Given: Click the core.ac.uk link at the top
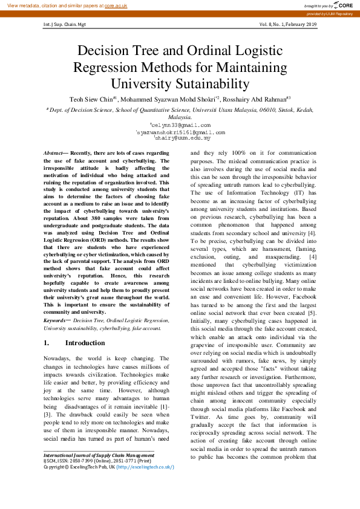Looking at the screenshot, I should (x=116, y=5).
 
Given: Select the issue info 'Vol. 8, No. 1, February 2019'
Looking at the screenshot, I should (x=288, y=25).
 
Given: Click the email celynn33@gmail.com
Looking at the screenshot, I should (x=181, y=125).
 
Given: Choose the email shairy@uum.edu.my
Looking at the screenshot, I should (x=181, y=138).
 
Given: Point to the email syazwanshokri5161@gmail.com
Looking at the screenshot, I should (x=181, y=132).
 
